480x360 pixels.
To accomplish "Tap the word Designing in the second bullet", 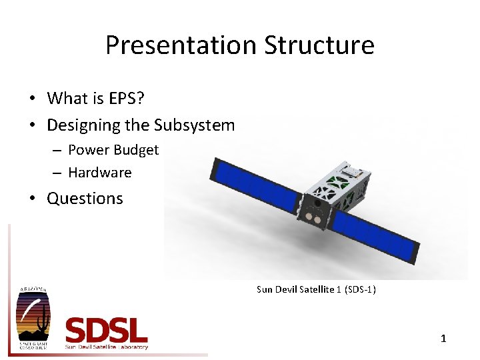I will point(79,125).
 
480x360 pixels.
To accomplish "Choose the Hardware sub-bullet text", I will point(100,173).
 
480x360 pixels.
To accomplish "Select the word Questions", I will point(85,199).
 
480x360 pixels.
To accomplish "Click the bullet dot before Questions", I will point(32,199).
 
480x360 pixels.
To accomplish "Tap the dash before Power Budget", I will point(56,151).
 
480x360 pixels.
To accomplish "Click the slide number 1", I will point(443,339).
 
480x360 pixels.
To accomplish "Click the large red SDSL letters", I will point(106,331).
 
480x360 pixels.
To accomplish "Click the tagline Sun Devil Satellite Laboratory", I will point(107,347).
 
